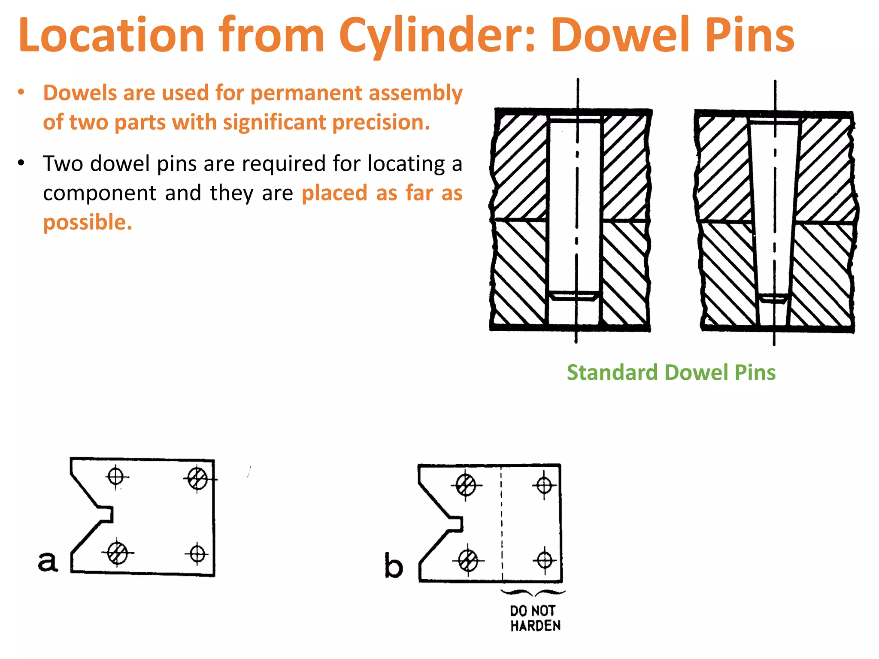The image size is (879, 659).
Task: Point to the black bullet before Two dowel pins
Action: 21,163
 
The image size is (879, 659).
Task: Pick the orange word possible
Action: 88,223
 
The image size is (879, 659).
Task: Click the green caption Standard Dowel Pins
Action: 671,372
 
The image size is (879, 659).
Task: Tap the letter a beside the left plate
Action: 48,561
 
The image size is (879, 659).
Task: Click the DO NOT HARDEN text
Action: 535,618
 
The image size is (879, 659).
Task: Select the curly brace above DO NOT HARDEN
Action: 533,593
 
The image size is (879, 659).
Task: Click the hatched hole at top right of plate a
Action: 197,478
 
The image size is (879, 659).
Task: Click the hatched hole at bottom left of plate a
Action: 117,553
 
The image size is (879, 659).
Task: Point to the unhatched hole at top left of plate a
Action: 116,476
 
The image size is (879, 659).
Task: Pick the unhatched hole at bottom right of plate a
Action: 197,554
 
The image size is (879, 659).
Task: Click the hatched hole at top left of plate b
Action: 466,486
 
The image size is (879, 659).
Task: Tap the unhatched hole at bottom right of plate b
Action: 545,560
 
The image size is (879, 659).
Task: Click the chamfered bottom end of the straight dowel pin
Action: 574,296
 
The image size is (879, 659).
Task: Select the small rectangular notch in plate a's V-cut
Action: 107,514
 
